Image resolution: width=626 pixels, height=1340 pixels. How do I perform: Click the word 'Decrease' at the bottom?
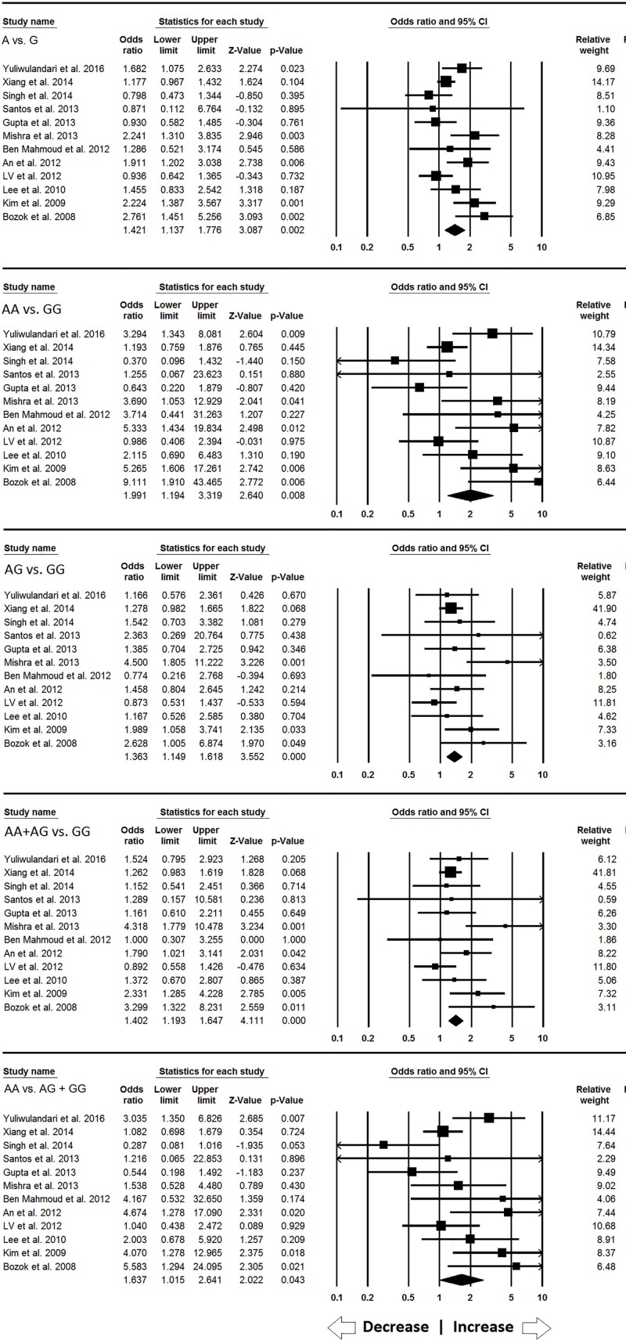tap(395, 1327)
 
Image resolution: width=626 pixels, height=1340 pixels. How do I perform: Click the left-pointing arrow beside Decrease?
tap(342, 1327)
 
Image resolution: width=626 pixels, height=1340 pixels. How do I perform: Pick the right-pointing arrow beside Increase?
tap(535, 1327)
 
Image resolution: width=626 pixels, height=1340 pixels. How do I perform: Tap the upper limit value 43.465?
tap(205, 482)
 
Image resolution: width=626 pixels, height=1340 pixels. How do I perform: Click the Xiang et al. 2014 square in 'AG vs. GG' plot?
tap(451, 608)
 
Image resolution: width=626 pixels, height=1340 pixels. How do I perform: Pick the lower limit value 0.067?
tap(169, 375)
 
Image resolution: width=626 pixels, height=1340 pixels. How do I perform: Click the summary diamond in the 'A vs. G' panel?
tap(454, 230)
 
